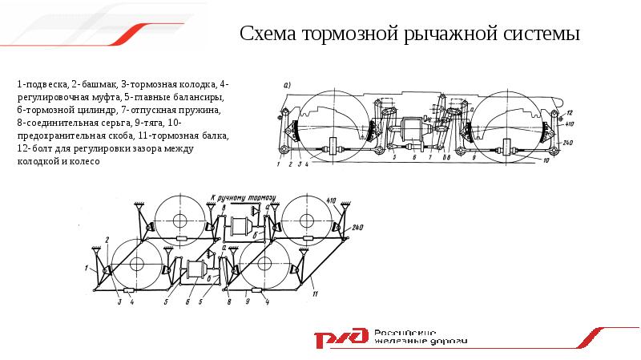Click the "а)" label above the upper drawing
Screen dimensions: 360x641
point(288,85)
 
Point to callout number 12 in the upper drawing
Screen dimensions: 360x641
point(570,112)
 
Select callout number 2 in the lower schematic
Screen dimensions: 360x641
point(106,239)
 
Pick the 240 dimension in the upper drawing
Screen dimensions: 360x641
point(568,142)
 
